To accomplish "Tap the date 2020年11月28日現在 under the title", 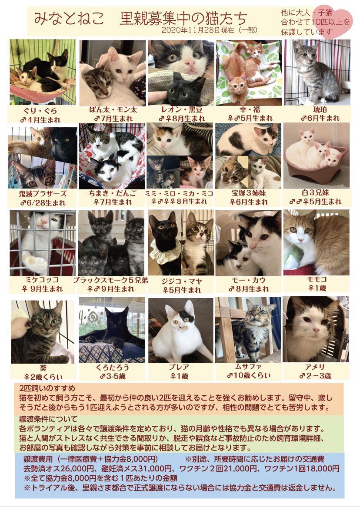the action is point(198,30).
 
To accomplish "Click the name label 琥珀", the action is point(320,109).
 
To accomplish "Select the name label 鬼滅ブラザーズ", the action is point(43,194).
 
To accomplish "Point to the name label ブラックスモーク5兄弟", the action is point(110,280).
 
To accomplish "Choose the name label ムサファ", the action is point(248,367).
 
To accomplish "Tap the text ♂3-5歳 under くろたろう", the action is point(112,376).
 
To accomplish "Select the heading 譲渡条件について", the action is point(48,419).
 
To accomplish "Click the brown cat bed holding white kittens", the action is point(316,164).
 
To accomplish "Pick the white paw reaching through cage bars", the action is point(35,262).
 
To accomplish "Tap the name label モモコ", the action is point(317,279).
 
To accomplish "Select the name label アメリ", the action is point(315,367).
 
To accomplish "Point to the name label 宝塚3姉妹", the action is point(249,193).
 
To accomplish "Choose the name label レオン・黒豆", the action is point(181,109).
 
